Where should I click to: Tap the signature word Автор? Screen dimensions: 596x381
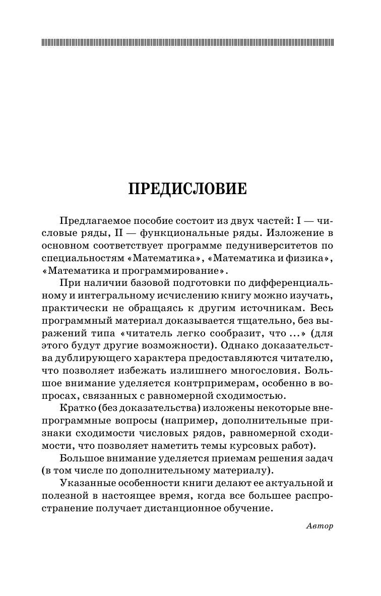(x=320, y=526)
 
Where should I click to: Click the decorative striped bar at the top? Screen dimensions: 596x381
(x=187, y=42)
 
